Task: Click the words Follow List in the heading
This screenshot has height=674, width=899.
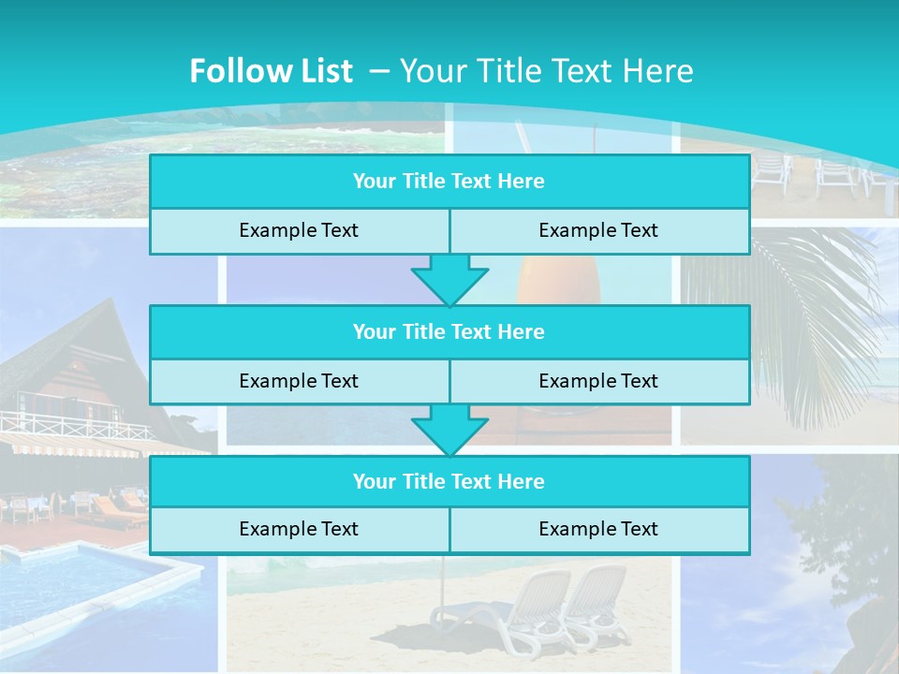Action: tap(271, 71)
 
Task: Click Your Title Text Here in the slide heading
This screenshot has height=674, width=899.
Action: tap(546, 71)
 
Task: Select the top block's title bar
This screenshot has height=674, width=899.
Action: tap(449, 182)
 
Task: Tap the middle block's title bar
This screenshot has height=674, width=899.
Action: tap(449, 331)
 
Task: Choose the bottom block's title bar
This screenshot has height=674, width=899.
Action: tap(449, 481)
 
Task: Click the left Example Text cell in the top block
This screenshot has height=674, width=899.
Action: tap(299, 231)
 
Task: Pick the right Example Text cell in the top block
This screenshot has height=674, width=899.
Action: tap(598, 231)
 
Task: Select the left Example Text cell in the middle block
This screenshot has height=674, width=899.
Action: tap(299, 381)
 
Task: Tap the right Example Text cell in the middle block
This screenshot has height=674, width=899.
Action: tap(598, 381)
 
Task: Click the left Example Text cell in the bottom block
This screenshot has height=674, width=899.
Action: tap(299, 530)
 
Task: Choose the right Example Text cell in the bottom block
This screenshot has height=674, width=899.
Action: tap(598, 530)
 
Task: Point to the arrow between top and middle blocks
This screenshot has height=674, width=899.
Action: tap(449, 279)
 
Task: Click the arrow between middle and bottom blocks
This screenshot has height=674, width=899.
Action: tap(449, 430)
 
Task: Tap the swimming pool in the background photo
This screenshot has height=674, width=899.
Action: tap(84, 580)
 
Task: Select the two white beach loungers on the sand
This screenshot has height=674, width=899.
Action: tap(534, 608)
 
